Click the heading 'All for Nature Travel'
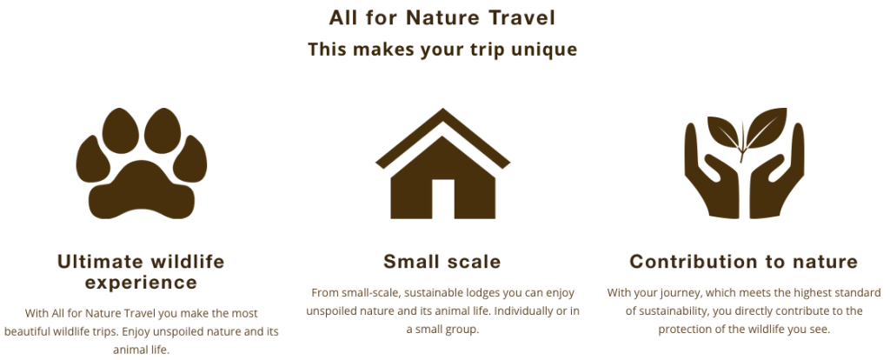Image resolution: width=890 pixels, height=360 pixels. [x=442, y=17]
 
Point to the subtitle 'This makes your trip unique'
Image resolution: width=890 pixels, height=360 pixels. [x=442, y=49]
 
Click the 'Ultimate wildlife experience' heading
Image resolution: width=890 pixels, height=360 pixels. [x=141, y=271]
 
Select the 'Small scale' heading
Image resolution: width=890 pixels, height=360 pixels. [x=442, y=262]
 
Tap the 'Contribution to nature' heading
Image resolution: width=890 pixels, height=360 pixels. [x=743, y=262]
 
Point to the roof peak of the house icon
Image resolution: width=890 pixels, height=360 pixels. [x=442, y=114]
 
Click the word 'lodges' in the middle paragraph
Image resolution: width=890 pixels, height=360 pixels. [x=469, y=293]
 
